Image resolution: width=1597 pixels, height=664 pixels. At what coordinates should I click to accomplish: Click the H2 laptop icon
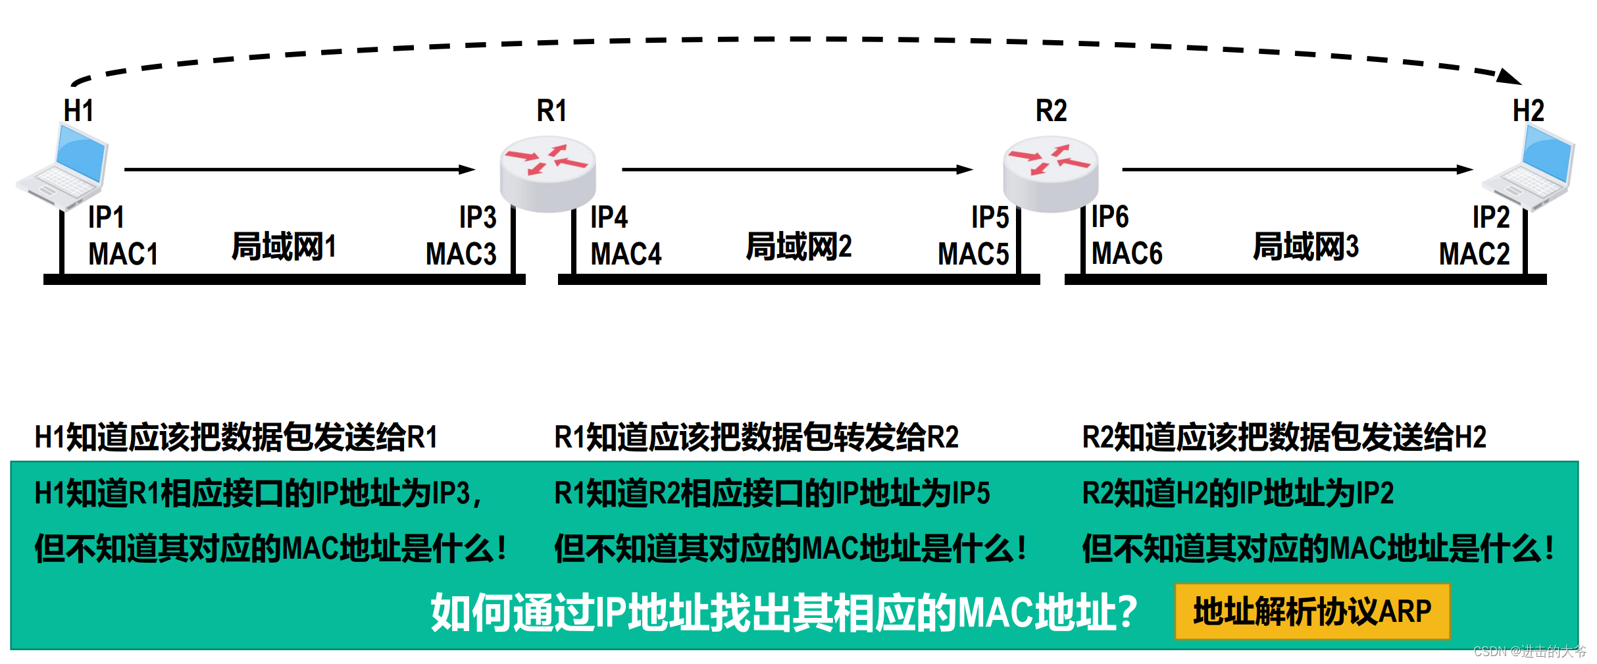coord(1529,168)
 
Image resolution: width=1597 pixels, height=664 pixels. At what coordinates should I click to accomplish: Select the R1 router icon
coord(547,172)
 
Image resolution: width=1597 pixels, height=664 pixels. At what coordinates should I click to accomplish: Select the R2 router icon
coord(1050,172)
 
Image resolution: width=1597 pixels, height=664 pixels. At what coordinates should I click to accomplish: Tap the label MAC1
coord(123,254)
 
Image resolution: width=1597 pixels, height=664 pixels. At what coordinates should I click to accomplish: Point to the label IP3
coord(478,217)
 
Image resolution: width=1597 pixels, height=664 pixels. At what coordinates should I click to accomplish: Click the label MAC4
coord(625,254)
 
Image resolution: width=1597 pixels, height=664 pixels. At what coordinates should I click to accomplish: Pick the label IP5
coord(990,217)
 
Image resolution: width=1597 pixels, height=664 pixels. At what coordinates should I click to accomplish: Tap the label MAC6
coord(1127,254)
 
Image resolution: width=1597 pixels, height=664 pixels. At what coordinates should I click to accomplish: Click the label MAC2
coord(1474,254)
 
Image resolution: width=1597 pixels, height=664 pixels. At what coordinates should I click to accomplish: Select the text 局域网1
coord(284,247)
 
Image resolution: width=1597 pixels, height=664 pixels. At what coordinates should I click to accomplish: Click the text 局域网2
coord(799,247)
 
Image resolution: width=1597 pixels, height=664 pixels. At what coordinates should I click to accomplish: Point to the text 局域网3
coord(1305,247)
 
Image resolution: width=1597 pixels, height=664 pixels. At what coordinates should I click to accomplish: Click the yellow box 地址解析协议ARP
coord(1312,611)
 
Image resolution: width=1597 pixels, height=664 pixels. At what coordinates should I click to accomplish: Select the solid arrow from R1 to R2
coord(796,170)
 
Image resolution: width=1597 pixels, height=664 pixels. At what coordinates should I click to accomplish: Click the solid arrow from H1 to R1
coord(299,170)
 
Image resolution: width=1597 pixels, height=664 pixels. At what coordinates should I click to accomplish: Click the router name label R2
coord(1051,111)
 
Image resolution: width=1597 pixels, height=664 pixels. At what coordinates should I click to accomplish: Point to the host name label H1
coord(78,111)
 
